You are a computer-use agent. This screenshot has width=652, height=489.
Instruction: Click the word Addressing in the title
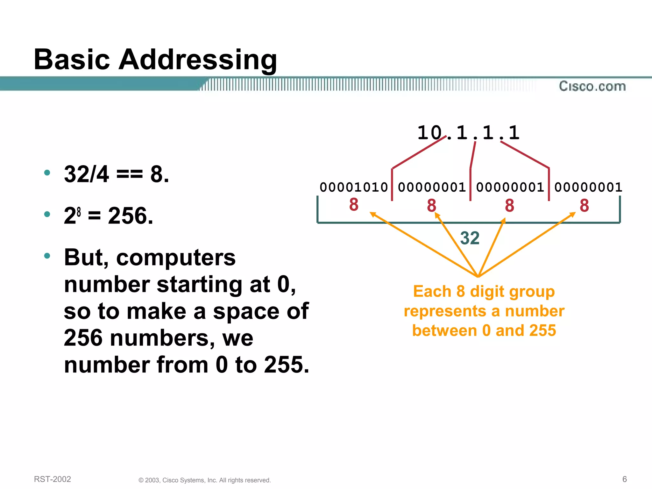(198, 60)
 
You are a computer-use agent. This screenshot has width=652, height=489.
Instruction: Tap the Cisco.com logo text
(592, 86)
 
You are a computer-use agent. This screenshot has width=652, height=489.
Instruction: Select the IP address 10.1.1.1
(468, 133)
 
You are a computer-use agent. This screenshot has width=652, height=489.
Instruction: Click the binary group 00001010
(353, 187)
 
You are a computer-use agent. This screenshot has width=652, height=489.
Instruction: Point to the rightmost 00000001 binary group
(588, 187)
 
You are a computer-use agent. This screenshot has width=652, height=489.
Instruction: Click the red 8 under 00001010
(354, 204)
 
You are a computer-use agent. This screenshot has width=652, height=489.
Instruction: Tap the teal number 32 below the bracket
(470, 238)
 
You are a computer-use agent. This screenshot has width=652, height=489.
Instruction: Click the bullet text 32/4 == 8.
(117, 174)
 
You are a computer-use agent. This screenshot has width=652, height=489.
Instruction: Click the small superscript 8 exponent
(79, 211)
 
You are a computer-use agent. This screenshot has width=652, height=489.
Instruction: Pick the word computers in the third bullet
(176, 257)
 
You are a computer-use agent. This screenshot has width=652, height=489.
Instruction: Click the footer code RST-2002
(53, 479)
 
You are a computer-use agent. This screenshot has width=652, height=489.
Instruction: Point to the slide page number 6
(624, 479)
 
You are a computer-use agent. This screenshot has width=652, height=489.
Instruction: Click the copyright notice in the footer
(205, 480)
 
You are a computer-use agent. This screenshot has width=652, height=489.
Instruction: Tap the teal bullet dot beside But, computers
(47, 256)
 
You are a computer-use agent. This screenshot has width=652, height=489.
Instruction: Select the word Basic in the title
(72, 60)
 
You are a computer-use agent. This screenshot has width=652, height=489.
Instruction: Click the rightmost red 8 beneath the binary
(584, 205)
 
